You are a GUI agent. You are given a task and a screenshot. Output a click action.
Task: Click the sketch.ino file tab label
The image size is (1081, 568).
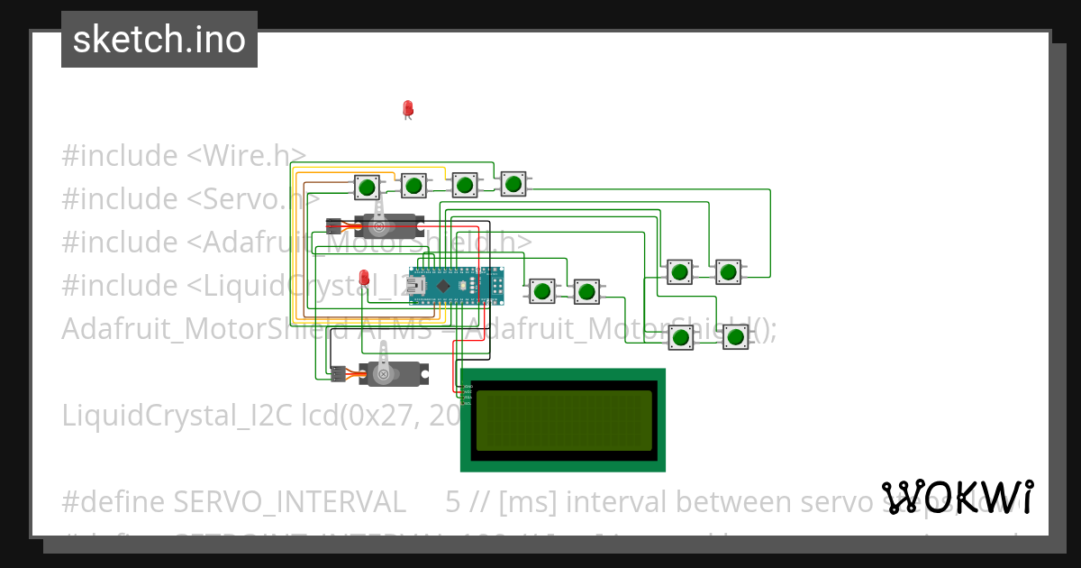[159, 40]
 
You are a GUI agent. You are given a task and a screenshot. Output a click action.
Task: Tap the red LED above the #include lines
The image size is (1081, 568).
[407, 109]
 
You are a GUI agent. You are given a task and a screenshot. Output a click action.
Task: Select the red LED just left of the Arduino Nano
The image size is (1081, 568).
[364, 278]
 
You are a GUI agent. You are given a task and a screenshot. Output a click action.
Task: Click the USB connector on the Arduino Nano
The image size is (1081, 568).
[417, 285]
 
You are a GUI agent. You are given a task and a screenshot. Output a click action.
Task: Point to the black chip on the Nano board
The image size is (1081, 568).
[443, 285]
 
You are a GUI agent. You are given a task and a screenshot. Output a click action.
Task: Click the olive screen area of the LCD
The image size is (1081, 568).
[563, 420]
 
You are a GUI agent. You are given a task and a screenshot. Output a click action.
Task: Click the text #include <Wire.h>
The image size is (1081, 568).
[184, 156]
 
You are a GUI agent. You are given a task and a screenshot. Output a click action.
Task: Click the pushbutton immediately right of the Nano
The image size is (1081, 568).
[541, 290]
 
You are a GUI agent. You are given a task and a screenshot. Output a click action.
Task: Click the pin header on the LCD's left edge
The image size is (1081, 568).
[466, 394]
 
